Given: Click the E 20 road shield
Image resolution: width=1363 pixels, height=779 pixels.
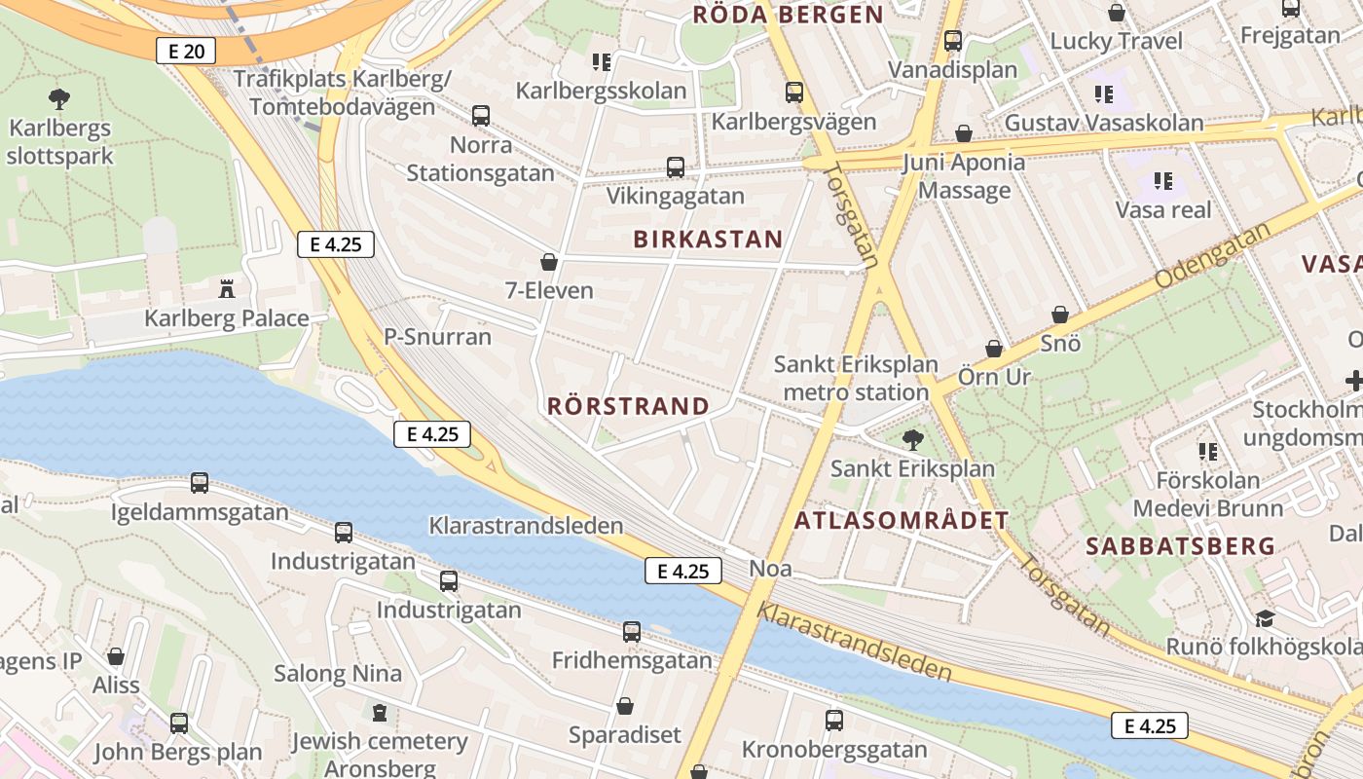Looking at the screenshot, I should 186,51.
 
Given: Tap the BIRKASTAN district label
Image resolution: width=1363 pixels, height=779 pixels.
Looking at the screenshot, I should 708,240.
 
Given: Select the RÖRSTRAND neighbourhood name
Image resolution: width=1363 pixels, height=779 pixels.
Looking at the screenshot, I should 628,406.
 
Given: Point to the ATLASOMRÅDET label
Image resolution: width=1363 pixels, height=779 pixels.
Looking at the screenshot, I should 902,520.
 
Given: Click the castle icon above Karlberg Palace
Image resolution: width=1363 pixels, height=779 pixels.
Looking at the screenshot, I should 227,288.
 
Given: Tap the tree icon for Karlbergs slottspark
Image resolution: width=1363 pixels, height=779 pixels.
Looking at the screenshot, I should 59,98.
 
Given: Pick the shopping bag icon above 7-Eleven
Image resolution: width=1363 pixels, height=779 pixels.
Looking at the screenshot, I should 549,262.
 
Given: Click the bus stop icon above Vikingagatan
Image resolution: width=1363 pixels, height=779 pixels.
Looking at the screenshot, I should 676,167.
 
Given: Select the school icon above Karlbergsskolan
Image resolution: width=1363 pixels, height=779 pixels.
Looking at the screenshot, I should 602,62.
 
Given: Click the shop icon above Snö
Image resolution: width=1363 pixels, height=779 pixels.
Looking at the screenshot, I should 1060,315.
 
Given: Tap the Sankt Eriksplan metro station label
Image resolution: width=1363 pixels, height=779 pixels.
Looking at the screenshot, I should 856,378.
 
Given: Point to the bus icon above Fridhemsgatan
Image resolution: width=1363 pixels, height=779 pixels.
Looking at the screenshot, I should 632,632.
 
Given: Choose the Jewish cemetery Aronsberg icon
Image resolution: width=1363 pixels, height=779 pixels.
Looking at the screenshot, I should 380,713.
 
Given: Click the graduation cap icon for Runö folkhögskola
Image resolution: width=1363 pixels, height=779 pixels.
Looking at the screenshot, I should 1265,618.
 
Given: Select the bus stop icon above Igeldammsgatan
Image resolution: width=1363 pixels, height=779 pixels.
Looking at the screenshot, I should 200,482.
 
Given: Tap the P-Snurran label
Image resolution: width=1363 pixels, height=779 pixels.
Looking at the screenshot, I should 437,337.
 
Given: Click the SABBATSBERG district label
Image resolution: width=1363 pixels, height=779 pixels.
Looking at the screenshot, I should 1180,546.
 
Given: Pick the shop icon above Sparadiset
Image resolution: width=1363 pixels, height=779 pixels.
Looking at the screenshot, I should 625,706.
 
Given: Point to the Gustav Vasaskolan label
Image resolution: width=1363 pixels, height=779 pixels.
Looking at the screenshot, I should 1104,124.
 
